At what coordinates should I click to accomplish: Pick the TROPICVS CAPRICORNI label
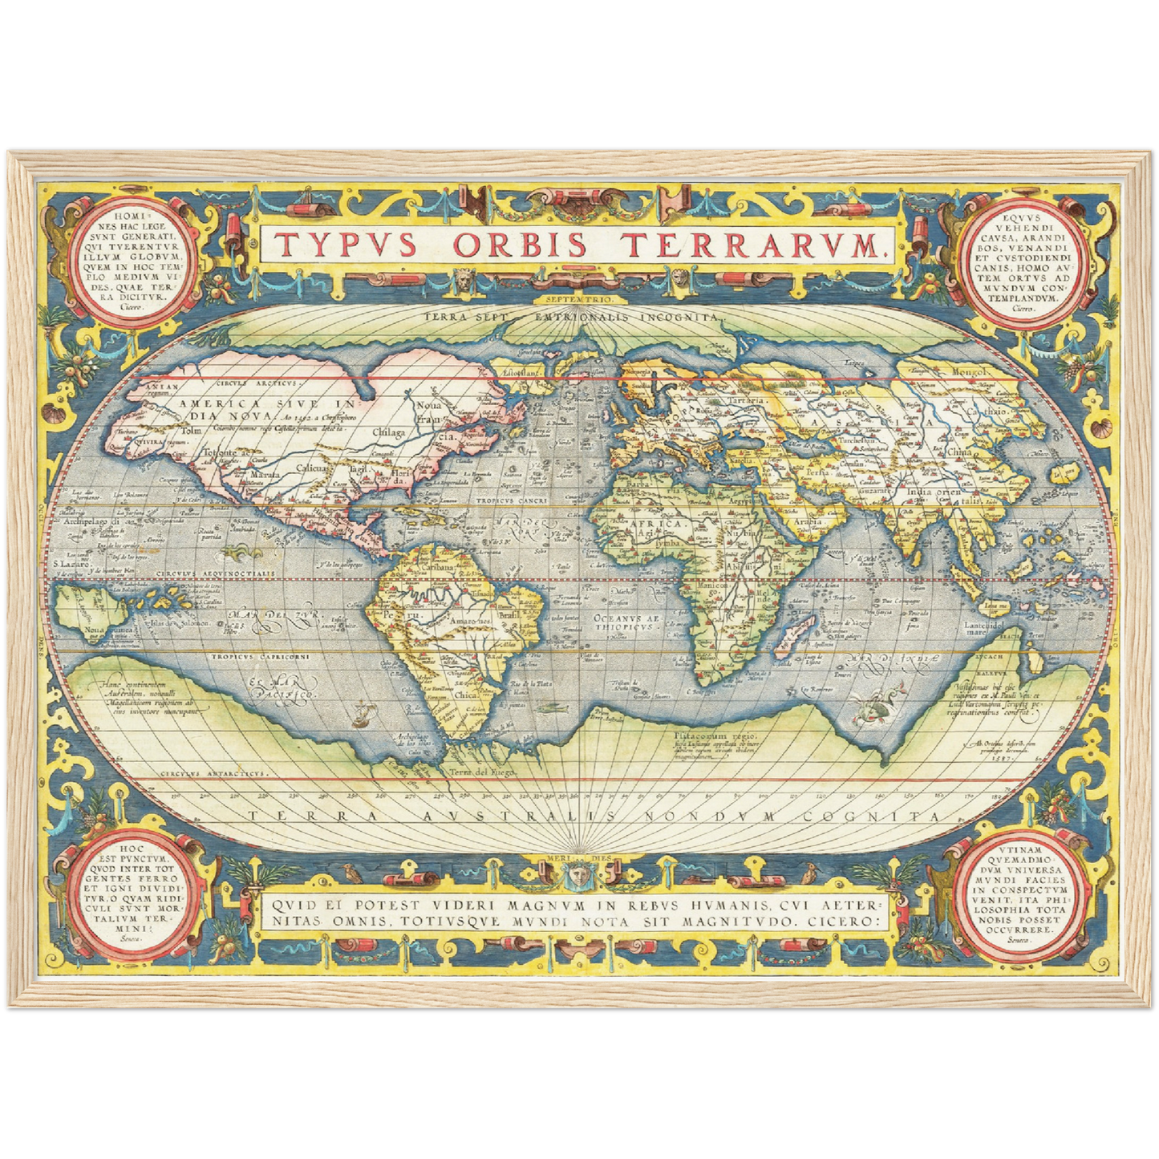tap(249, 656)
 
